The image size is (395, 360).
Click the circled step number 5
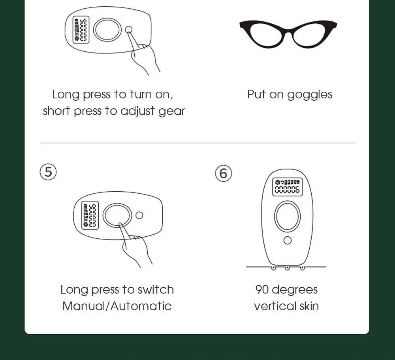[x=48, y=172]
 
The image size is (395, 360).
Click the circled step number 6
[x=223, y=173]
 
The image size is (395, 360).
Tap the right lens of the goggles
[x=312, y=34]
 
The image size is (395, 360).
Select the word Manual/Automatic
[x=117, y=306]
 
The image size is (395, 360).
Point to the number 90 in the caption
[x=261, y=290]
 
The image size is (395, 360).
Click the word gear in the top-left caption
[x=171, y=111]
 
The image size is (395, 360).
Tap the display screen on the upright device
[x=287, y=187]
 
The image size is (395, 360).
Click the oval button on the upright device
[x=288, y=216]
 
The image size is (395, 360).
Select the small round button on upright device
[x=288, y=240]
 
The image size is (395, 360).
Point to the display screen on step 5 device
[x=90, y=215]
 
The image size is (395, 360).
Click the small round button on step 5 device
[x=139, y=215]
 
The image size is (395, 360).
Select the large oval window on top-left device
[x=107, y=30]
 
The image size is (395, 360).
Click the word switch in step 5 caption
[x=156, y=290]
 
